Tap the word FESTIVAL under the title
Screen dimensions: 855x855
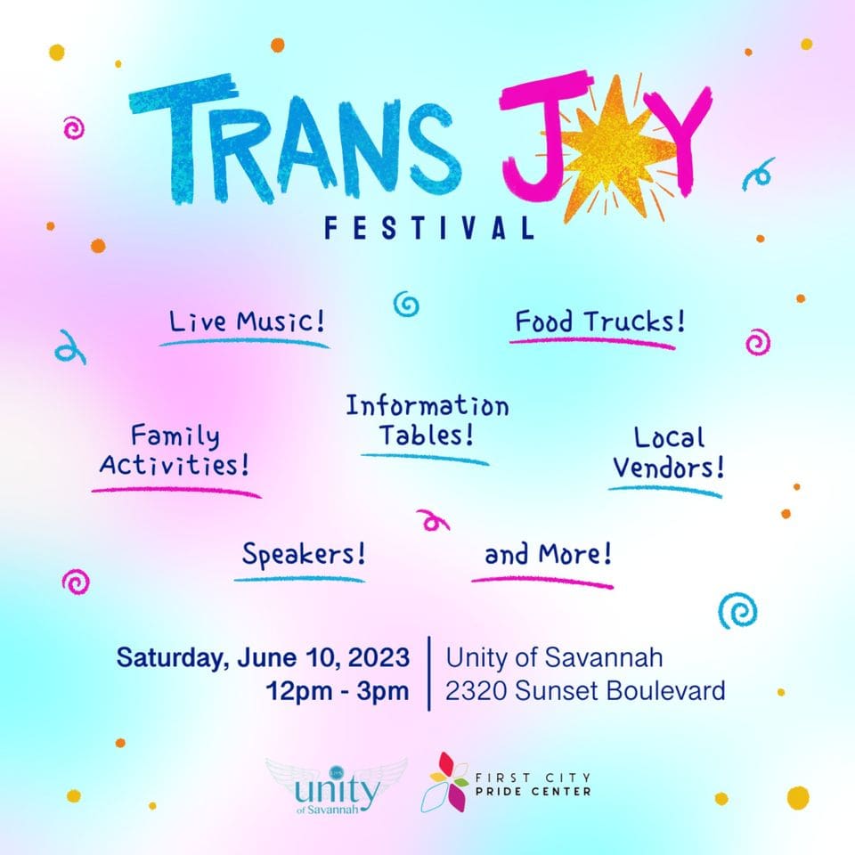click(429, 228)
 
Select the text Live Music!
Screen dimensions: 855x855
click(247, 322)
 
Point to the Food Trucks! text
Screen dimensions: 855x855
click(599, 322)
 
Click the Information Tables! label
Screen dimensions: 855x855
click(427, 420)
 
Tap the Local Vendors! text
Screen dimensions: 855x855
click(669, 452)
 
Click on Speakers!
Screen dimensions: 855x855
click(304, 555)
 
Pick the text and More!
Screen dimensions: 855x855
click(548, 554)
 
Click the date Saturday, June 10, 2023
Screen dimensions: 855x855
click(263, 657)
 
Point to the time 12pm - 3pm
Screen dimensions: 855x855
click(338, 691)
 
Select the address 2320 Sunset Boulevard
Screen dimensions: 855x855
click(585, 690)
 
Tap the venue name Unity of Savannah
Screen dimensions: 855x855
click(554, 657)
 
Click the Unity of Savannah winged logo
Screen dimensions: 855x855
click(337, 786)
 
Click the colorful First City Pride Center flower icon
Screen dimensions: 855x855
click(444, 783)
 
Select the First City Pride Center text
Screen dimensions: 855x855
click(533, 784)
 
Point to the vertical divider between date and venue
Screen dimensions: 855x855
click(429, 673)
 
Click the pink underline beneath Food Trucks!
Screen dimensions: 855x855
click(592, 342)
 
